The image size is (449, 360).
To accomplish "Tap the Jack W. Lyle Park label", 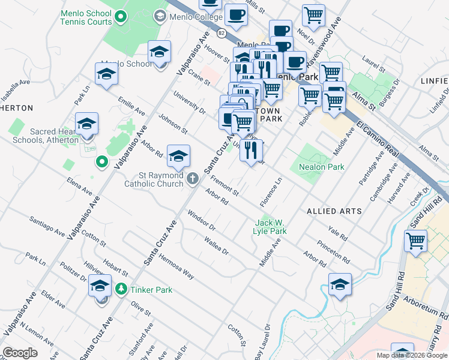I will click(270, 226).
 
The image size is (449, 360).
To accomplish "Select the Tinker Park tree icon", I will click(121, 290).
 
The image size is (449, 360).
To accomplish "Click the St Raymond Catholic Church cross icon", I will click(193, 178).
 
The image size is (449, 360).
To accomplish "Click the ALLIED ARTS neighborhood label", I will click(334, 211).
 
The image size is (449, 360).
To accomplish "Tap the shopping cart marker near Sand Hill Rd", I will click(415, 241).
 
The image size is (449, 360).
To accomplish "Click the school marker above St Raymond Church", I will click(178, 157).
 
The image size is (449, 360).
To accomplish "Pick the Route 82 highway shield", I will click(221, 33).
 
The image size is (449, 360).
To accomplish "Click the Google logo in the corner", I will click(20, 353).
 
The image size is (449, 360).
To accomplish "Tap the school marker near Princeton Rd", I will click(340, 284).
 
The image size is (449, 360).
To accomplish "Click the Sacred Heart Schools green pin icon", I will click(102, 161).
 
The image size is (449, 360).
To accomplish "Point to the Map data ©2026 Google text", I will click(412, 355).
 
